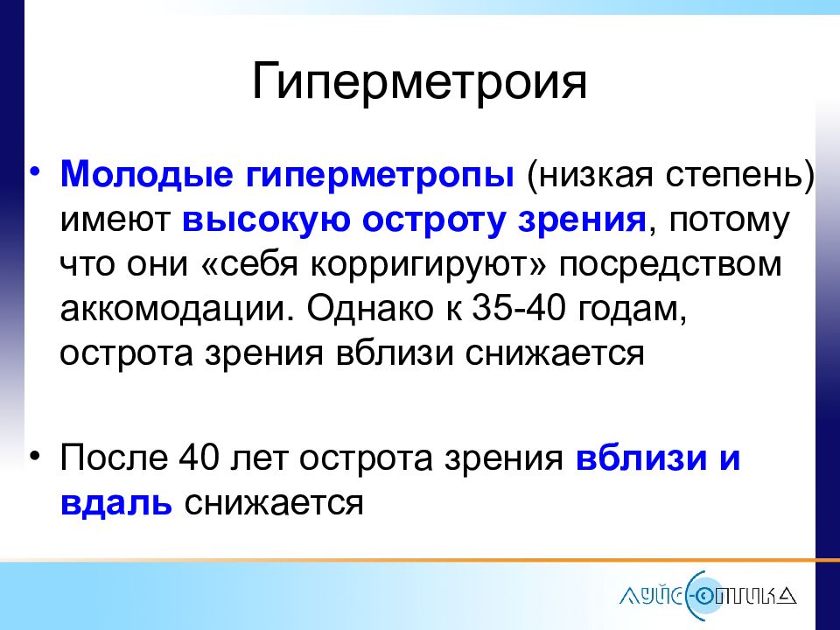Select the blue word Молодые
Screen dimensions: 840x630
tap(147, 175)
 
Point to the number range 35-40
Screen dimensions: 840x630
tap(518, 308)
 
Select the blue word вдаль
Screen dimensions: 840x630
tap(116, 503)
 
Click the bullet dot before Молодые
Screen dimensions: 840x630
tap(35, 172)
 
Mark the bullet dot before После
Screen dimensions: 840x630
tap(35, 457)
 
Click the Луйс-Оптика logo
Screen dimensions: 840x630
tap(708, 596)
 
